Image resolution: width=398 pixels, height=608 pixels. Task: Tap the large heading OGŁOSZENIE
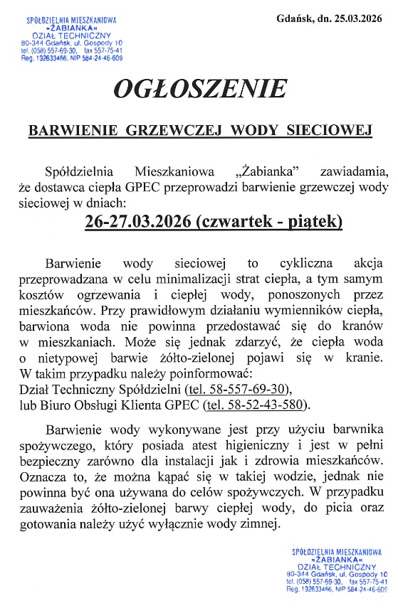199,90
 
